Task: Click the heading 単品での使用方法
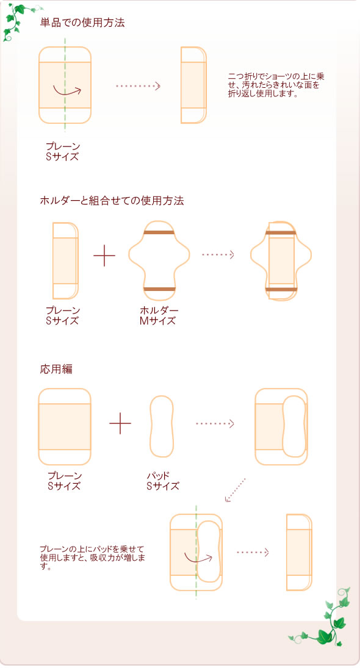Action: (82, 23)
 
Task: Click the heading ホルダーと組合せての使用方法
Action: (112, 200)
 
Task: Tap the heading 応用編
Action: (56, 369)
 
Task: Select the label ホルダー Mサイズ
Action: (159, 315)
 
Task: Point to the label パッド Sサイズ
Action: (162, 481)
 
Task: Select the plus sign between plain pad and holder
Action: (104, 256)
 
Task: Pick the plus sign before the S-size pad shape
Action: (120, 423)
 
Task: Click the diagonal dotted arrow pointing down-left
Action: (236, 490)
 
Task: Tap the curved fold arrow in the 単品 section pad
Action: (67, 92)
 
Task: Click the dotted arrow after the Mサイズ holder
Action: (218, 254)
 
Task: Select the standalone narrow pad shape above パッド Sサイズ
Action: (162, 426)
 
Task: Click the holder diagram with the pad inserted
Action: (281, 260)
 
